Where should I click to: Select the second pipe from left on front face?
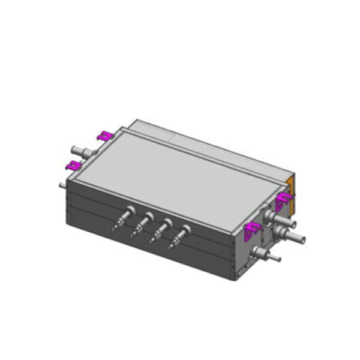[142, 223]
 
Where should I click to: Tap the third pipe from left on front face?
[161, 229]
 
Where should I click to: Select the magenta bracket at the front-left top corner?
[74, 165]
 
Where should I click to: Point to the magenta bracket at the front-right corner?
[251, 228]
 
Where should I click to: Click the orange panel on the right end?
[292, 195]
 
